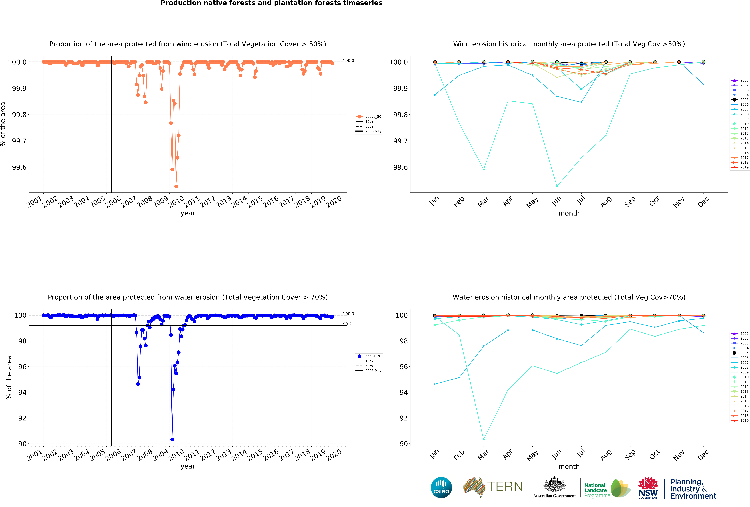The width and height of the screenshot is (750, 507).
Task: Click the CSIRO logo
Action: (441, 487)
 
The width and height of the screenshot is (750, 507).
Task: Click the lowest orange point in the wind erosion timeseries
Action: (176, 186)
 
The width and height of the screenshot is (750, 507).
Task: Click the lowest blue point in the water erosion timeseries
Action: (172, 440)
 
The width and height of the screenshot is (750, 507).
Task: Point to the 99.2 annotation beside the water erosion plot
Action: (347, 324)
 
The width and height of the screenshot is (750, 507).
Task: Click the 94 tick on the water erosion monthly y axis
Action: (403, 392)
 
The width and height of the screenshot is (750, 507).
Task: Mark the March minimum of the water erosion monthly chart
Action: (483, 439)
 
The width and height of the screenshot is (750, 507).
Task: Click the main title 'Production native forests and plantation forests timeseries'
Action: (271, 3)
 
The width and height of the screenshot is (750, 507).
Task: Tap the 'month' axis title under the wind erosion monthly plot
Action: (569, 213)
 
